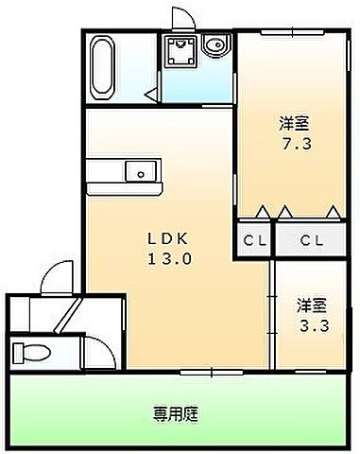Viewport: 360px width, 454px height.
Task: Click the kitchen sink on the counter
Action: [x=141, y=171]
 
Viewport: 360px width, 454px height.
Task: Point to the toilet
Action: [x=31, y=352]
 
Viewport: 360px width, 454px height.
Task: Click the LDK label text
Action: [x=169, y=237]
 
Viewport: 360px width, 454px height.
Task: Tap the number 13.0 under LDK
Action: [x=170, y=257]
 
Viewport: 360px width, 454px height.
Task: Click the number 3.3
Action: [x=313, y=326]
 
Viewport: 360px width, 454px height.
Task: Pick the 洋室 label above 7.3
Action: [x=293, y=123]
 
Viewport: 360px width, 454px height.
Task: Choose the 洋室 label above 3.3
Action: [x=313, y=306]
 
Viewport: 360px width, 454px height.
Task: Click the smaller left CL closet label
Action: [x=253, y=239]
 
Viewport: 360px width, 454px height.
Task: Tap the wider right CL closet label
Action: [x=313, y=239]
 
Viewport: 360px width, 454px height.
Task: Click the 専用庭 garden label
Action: [x=175, y=413]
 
